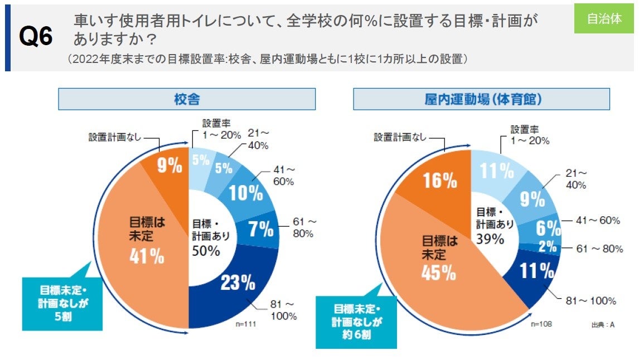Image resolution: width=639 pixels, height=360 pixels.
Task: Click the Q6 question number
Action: tap(36, 37)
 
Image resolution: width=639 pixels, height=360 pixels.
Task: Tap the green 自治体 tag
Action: tap(604, 18)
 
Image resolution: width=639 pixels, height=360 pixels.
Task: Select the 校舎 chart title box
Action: tap(187, 99)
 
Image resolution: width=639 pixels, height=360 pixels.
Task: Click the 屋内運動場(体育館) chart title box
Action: tap(481, 99)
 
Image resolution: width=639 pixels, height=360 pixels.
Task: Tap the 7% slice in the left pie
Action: tap(260, 229)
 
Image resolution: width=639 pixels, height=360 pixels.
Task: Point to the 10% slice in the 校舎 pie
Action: tap(247, 192)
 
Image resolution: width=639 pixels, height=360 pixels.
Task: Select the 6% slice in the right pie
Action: tap(549, 228)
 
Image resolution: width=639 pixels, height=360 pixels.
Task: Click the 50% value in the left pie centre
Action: tap(206, 251)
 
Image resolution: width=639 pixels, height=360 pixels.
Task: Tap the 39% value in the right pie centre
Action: tap(490, 239)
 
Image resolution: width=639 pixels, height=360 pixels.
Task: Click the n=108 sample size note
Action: tap(540, 324)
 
